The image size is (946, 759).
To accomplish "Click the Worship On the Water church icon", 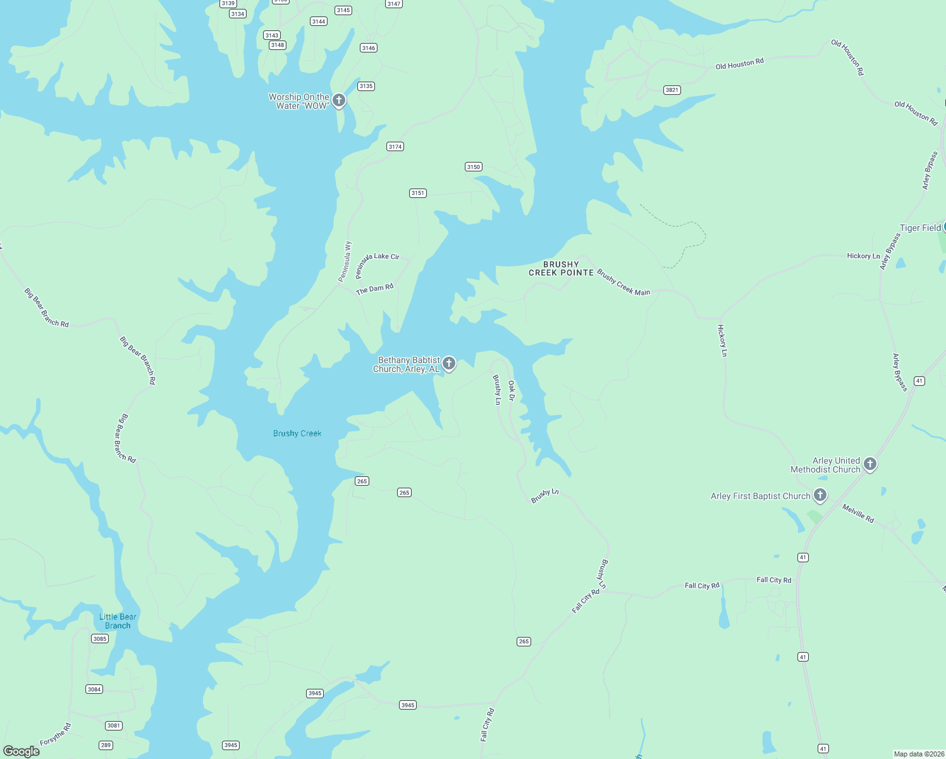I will tap(339, 101).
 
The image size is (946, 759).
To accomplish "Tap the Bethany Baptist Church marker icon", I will tap(449, 364).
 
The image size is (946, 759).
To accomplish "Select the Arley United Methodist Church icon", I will tap(870, 464).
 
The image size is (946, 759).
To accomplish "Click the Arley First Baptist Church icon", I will tap(820, 495).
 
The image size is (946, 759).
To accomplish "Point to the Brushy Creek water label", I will tap(297, 433).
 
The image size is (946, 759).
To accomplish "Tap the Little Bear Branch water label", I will tap(118, 621).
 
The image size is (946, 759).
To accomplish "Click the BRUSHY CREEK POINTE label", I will tap(561, 269).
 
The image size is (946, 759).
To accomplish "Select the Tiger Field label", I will tap(920, 228).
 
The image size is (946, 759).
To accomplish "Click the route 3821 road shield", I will tap(672, 90).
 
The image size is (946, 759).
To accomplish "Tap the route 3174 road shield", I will tap(395, 147).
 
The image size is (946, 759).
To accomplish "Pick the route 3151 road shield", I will tap(417, 193).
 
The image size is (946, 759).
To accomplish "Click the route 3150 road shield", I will tap(474, 167).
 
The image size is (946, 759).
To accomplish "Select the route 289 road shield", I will tap(106, 745).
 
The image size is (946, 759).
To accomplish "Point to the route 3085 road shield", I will tap(100, 639).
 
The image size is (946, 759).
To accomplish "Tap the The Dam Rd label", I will tap(374, 289).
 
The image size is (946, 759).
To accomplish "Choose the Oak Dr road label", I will tap(512, 390).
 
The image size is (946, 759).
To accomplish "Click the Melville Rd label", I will tap(858, 513).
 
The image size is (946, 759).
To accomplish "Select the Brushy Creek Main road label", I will tap(623, 283).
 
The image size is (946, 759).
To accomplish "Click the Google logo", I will tap(21, 751).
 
